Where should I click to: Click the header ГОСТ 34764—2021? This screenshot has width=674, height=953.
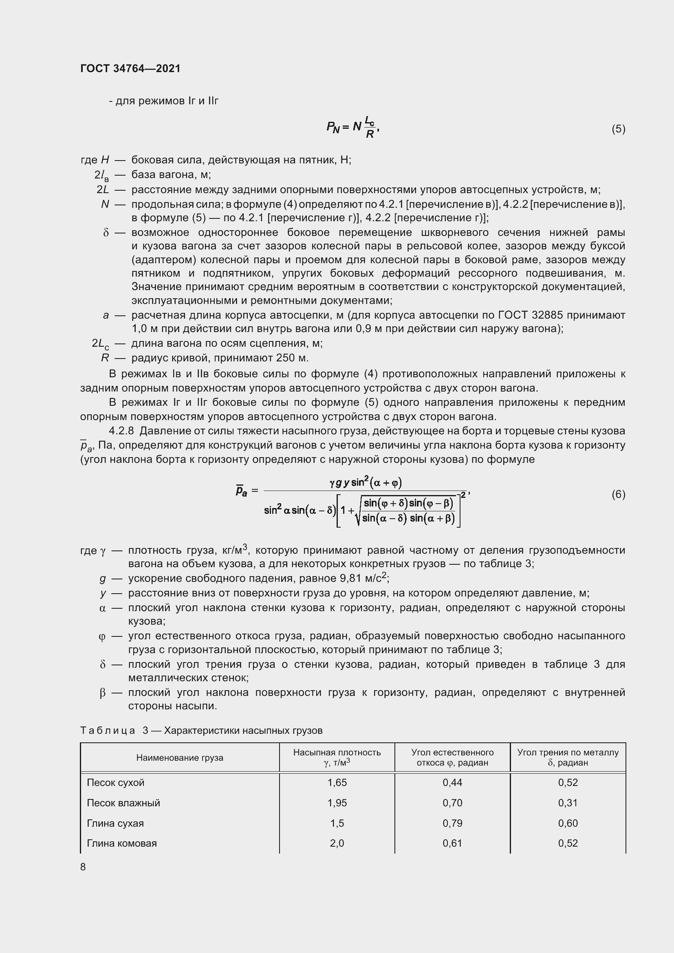[130, 68]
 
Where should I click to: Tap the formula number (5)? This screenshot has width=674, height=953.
[618, 129]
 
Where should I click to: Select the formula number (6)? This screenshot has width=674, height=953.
[618, 494]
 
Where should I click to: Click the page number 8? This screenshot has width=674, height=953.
[83, 867]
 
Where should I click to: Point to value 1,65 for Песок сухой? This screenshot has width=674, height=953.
[337, 782]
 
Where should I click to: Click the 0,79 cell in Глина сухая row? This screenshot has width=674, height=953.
[452, 823]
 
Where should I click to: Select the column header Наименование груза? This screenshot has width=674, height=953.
[179, 757]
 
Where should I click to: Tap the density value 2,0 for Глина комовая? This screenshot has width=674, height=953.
[337, 843]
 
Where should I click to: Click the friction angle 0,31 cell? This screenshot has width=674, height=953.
[567, 803]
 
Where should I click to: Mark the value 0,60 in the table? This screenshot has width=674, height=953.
[567, 823]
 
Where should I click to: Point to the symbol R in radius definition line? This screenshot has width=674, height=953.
[105, 358]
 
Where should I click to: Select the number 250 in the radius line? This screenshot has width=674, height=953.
[283, 358]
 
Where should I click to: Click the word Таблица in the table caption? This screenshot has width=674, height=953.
[108, 731]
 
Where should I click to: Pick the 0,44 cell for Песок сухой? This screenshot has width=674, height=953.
[452, 782]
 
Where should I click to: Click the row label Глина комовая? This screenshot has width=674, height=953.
[121, 843]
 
